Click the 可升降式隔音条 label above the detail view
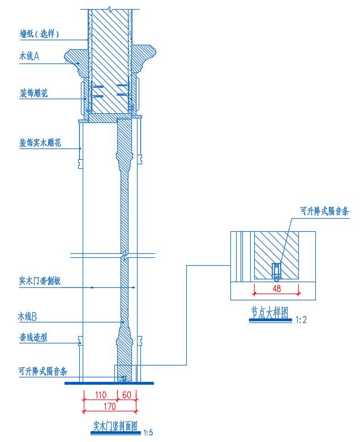tap(324, 211)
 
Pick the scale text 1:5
tap(148, 433)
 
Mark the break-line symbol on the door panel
tap(124, 253)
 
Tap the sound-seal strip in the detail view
tap(276, 271)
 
